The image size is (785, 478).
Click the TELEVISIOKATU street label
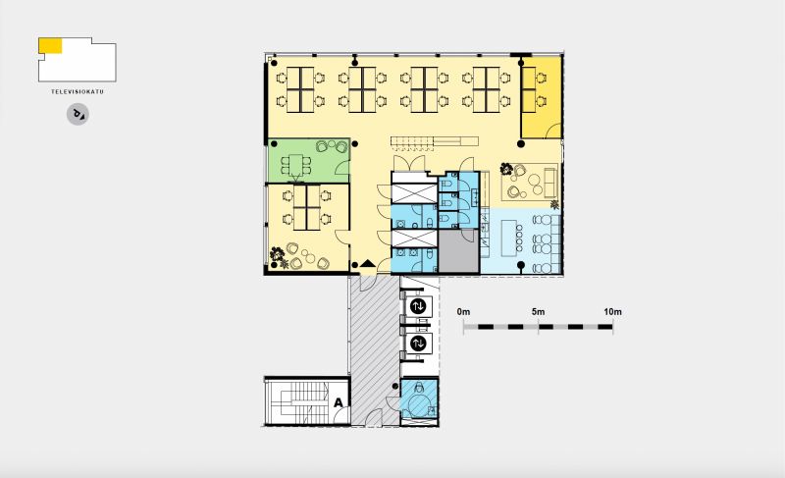(78, 91)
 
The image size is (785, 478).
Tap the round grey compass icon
(78, 115)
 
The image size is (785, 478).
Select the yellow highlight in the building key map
(50, 45)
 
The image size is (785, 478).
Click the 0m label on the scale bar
(463, 312)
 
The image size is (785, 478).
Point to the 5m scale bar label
(538, 312)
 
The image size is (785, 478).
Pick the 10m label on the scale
(612, 312)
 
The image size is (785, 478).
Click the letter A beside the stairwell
(339, 402)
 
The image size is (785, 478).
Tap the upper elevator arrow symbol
(418, 306)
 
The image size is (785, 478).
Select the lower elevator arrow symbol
(418, 344)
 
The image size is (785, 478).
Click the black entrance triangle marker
(368, 263)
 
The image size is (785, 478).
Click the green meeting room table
(296, 165)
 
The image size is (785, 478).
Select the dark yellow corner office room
(542, 97)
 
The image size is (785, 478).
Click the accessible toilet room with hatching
(420, 398)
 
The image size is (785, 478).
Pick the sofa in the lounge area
(549, 183)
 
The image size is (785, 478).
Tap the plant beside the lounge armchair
(506, 169)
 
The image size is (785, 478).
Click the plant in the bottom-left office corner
(277, 255)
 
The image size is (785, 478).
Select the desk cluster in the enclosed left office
(306, 207)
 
